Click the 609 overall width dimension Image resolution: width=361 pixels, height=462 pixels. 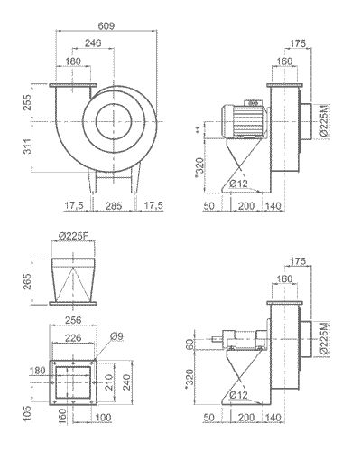point(106,26)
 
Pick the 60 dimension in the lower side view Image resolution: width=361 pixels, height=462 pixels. point(190,344)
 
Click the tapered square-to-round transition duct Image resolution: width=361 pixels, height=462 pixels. point(72,281)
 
